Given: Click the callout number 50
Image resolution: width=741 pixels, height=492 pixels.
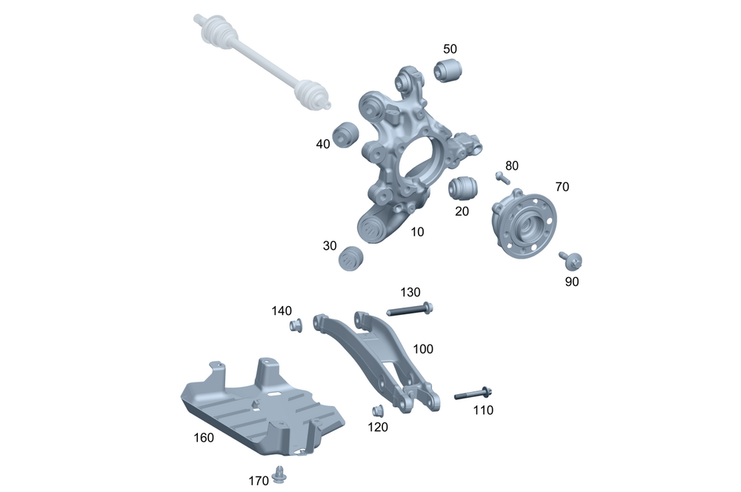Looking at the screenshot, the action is click(450, 49).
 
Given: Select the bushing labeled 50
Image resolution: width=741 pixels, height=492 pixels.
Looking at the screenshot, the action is click(448, 70).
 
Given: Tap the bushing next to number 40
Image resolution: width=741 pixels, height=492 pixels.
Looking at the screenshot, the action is click(346, 135).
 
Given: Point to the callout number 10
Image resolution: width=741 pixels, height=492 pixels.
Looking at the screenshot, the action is click(417, 232).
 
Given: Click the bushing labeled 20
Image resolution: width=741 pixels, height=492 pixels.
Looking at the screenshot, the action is click(462, 187).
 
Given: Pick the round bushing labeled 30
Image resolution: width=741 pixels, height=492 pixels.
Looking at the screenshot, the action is click(350, 259).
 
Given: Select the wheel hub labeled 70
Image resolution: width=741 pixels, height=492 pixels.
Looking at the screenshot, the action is click(524, 223).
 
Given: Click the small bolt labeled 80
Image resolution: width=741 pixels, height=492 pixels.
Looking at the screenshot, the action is click(502, 178).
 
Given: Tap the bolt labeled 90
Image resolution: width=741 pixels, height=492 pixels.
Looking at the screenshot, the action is click(571, 260).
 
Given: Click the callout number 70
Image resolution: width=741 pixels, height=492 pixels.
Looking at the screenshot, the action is click(562, 187).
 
